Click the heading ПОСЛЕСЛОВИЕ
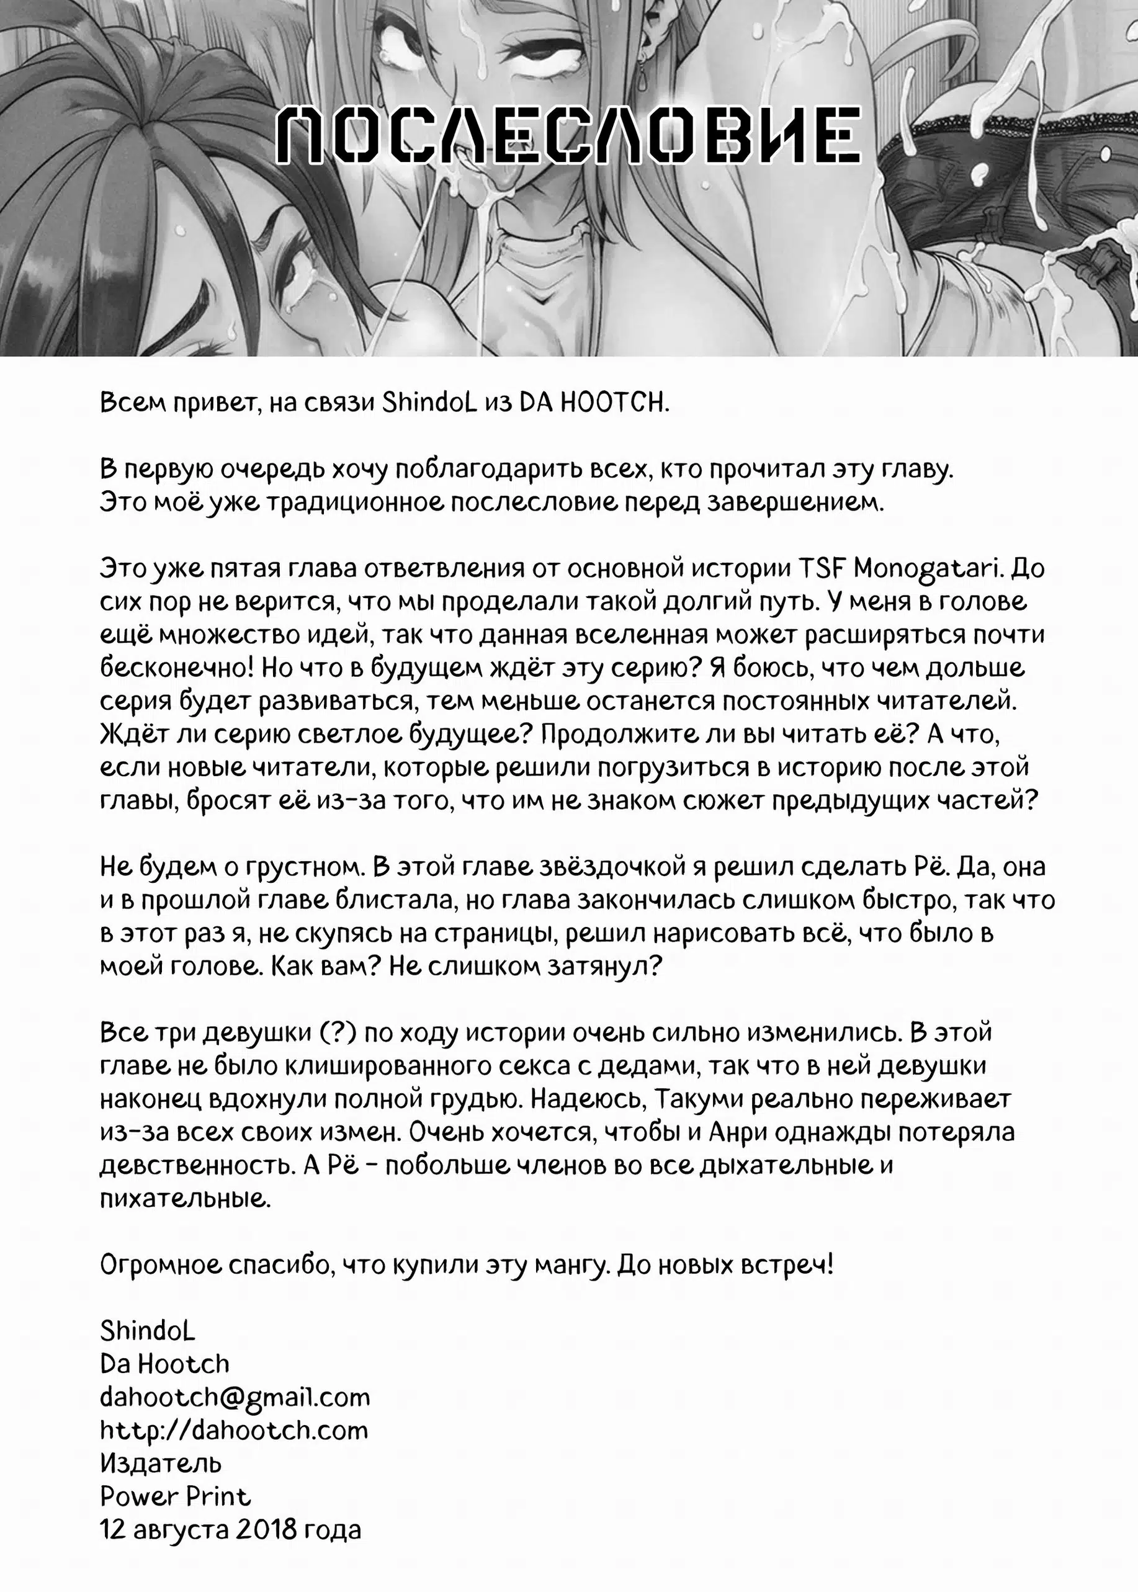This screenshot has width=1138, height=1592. [568, 136]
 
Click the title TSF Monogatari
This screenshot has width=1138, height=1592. [898, 568]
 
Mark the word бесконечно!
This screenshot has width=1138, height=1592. [177, 668]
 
